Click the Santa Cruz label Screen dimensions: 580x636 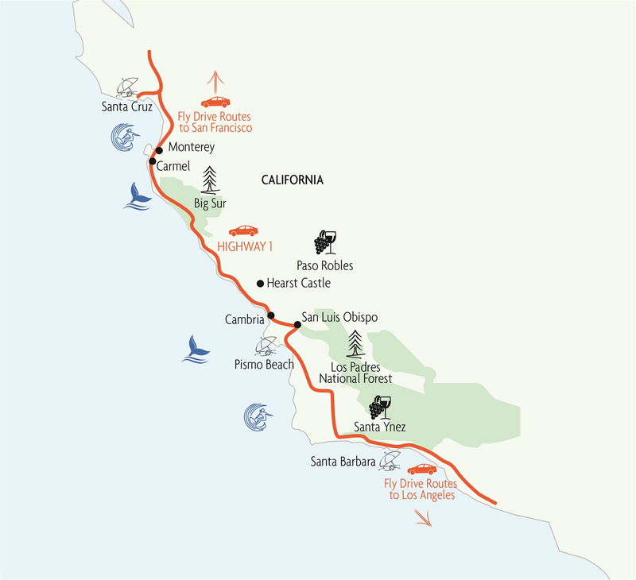click(127, 106)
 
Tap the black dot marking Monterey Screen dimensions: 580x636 click(160, 149)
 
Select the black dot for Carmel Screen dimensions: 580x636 click(152, 162)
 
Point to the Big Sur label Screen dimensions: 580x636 click(211, 203)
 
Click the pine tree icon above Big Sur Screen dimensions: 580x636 click(211, 180)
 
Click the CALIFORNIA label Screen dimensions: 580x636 click(293, 180)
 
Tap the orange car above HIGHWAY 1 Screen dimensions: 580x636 click(243, 230)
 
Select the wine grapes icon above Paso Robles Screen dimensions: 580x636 click(324, 241)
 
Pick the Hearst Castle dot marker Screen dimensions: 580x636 click(260, 283)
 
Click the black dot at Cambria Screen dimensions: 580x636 click(271, 315)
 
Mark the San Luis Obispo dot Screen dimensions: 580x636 click(297, 324)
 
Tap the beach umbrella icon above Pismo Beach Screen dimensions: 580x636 click(266, 346)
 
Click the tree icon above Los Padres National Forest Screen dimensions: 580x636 click(355, 345)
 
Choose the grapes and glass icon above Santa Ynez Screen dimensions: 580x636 click(378, 408)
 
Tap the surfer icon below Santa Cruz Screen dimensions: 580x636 click(123, 137)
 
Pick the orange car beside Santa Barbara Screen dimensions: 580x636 click(421, 468)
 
